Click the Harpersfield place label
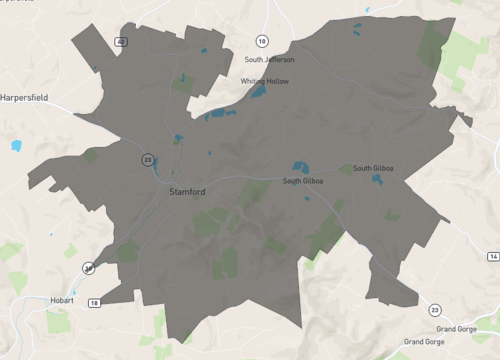pos(30,99)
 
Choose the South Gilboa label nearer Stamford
pos(305,181)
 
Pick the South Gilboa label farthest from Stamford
pos(373,168)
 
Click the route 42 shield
pos(121,42)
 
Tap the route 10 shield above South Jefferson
pos(261,40)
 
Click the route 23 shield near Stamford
pos(147,159)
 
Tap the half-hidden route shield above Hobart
pos(89,268)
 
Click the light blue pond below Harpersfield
pos(16,146)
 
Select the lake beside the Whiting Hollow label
pos(258,92)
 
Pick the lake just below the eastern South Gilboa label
pos(378,180)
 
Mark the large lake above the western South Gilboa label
pos(300,167)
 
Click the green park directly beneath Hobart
pos(58,321)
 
